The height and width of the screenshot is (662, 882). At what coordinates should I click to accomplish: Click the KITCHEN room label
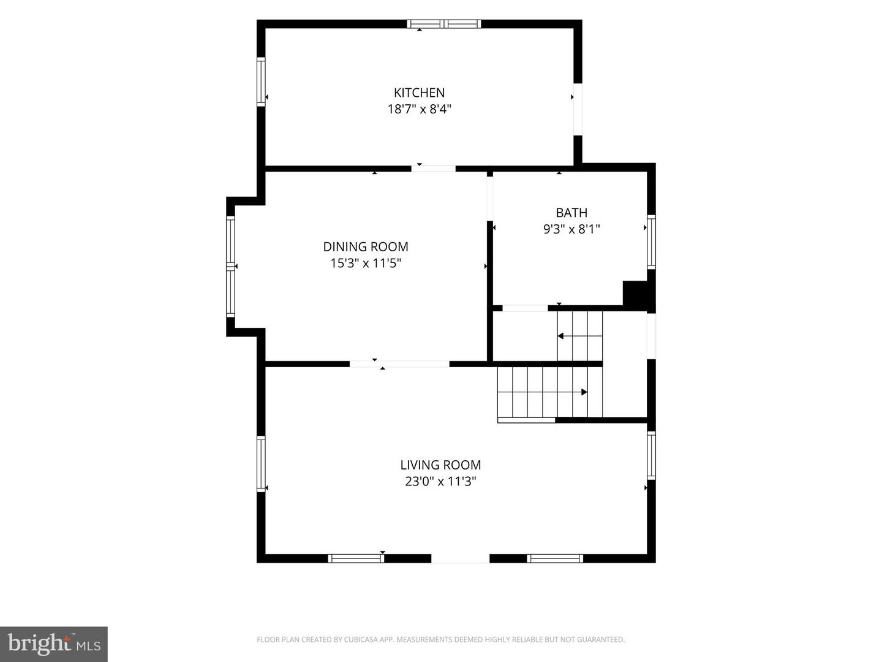[419, 93]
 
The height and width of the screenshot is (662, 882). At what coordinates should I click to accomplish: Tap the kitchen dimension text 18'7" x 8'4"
[419, 109]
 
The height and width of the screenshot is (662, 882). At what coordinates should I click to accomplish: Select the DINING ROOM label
[366, 246]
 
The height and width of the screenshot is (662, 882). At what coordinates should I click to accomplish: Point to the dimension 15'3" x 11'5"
[366, 264]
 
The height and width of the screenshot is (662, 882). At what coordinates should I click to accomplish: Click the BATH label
[571, 212]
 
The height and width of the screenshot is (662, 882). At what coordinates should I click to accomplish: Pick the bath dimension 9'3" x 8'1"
[571, 229]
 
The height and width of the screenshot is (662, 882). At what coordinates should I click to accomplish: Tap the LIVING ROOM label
[440, 465]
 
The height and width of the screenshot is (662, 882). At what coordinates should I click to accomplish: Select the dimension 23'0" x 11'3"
[440, 481]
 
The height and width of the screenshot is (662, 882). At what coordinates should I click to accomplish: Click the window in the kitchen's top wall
[443, 24]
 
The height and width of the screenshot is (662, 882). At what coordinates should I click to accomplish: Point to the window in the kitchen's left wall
[261, 82]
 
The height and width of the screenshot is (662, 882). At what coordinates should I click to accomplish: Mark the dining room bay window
[230, 267]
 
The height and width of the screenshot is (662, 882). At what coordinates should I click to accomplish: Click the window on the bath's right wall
[651, 242]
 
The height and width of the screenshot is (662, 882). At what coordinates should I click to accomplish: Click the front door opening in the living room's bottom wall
[460, 558]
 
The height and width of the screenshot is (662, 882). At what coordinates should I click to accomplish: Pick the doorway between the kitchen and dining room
[433, 169]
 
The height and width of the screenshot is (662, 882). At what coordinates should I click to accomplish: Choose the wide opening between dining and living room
[399, 364]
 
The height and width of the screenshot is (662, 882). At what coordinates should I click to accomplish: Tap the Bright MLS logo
[54, 644]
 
